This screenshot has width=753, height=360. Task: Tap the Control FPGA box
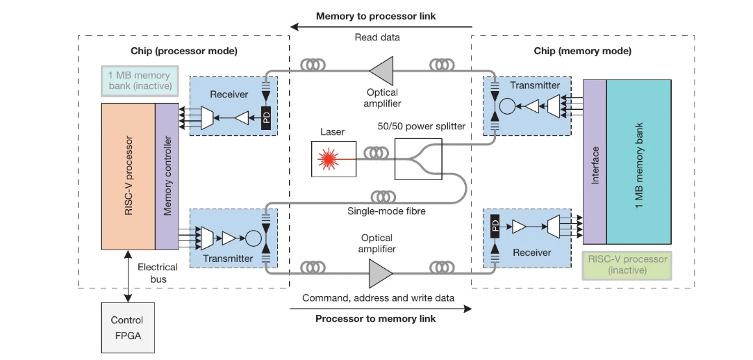coord(127,327)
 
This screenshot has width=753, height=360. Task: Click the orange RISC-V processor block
coord(129,176)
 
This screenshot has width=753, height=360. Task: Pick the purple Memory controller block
coord(167,176)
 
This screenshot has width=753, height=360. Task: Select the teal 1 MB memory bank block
coord(638,161)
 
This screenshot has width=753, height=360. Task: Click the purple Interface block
coord(595,161)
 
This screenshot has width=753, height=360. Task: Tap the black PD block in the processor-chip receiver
coord(265,118)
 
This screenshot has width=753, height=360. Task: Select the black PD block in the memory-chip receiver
coord(495,226)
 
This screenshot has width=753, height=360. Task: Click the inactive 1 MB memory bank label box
coord(139,80)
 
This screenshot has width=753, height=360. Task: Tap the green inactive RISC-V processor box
coord(627,264)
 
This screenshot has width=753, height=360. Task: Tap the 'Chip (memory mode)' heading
coord(582,51)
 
